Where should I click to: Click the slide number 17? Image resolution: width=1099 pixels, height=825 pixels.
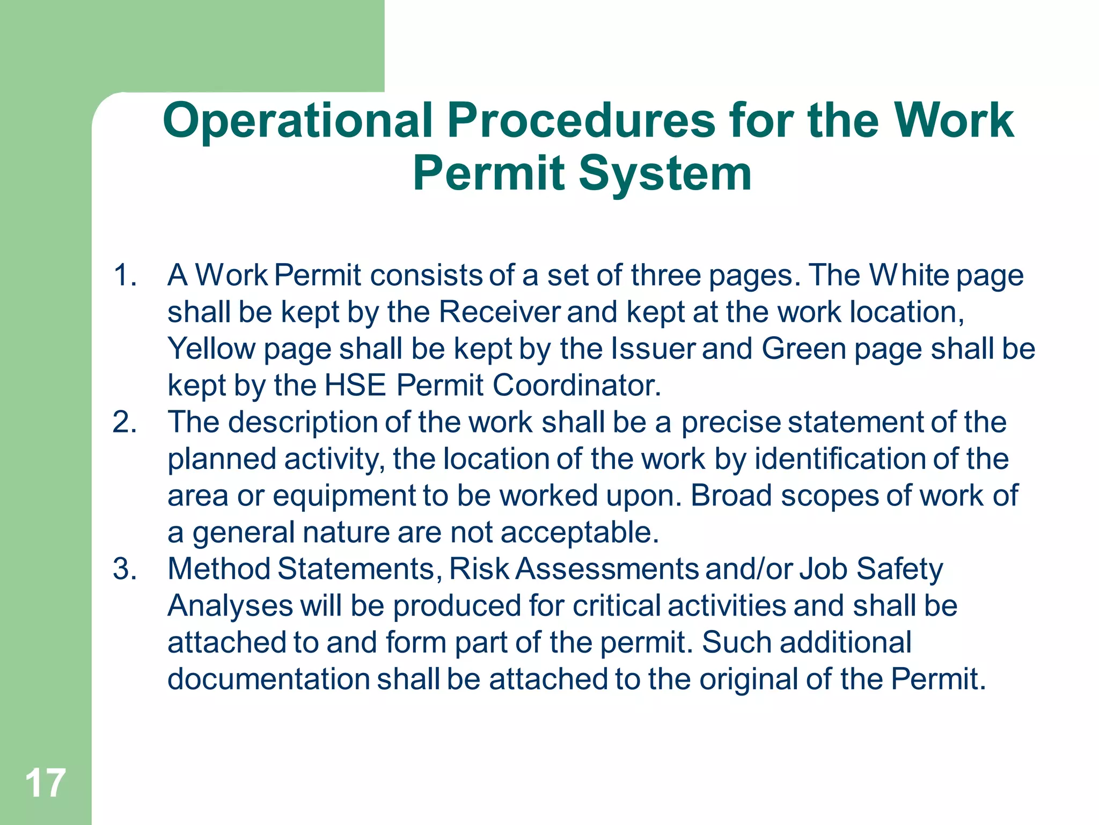(x=45, y=783)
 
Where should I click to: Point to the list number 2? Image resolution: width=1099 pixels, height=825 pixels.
(x=124, y=422)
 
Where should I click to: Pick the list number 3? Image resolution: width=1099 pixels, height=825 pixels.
(x=124, y=569)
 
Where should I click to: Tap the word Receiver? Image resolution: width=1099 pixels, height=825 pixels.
(x=499, y=312)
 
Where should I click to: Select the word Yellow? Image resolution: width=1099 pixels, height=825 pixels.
(x=211, y=349)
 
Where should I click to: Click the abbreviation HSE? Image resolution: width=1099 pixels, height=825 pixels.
(x=355, y=385)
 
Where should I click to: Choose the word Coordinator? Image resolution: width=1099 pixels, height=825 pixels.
(x=576, y=385)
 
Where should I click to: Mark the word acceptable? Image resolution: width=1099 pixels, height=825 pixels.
(x=580, y=532)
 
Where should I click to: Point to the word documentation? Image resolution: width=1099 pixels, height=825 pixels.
(x=268, y=679)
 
